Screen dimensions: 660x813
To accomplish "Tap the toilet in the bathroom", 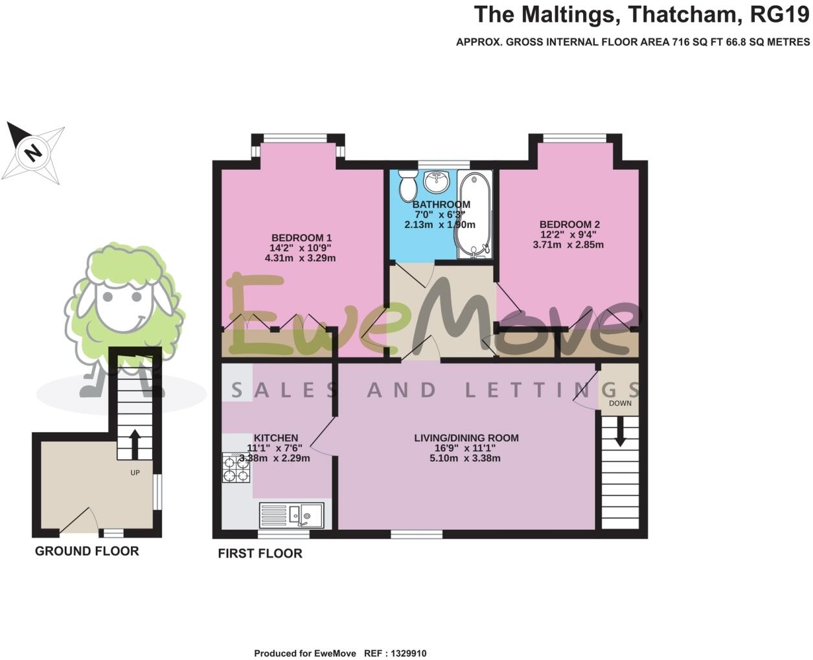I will [408, 185].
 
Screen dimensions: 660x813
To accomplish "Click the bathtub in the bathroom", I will [475, 214].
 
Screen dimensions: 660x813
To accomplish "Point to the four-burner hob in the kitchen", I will [236, 468].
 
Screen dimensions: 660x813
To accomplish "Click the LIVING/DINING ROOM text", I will [466, 438].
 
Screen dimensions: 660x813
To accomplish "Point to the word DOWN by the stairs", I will [620, 403].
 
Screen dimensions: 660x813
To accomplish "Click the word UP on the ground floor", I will [135, 473].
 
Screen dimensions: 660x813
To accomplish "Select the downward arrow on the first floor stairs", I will [620, 431].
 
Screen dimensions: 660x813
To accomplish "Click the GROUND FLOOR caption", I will [87, 551].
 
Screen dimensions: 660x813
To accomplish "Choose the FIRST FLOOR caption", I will [260, 553].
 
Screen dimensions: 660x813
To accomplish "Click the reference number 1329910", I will [408, 654].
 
